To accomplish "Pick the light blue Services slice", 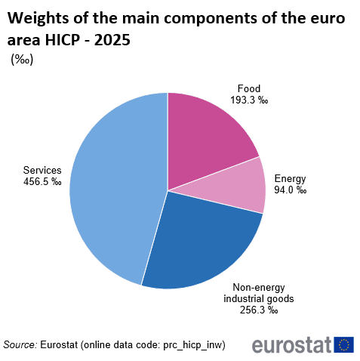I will (113, 189).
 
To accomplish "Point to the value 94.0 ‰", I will (290, 190).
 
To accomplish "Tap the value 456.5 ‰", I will (42, 182).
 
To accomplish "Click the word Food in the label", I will (248, 88).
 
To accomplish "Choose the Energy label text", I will (290, 179).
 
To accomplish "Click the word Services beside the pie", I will (42, 171).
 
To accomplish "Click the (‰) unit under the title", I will (22, 60).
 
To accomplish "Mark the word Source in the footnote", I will (20, 344).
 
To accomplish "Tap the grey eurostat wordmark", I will (291, 345).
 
